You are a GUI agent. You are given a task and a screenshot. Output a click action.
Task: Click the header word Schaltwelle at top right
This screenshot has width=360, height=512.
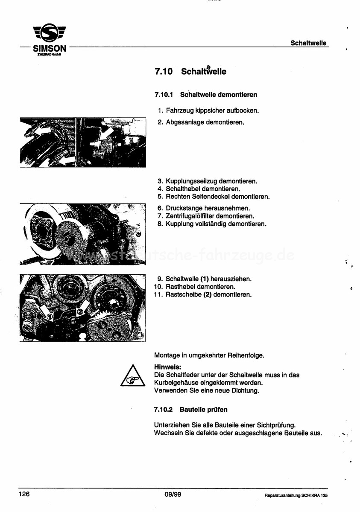point(308,43)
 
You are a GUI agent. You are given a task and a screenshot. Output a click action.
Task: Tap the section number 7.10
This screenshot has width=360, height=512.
point(163,72)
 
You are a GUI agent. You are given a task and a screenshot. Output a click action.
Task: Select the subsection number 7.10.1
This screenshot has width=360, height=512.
point(163,94)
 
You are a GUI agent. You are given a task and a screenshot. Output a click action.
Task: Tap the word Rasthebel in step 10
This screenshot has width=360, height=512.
point(179,287)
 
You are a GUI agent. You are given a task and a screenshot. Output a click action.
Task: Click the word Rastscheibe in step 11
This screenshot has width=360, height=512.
point(182,294)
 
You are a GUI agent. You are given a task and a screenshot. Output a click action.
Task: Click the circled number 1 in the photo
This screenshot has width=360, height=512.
point(49,317)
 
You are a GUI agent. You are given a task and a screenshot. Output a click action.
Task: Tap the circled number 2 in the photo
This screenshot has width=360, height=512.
point(80,312)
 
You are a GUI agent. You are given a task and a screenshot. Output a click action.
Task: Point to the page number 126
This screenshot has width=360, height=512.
point(24,494)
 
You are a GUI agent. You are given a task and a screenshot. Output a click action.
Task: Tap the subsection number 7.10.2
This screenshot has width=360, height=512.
point(163,410)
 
